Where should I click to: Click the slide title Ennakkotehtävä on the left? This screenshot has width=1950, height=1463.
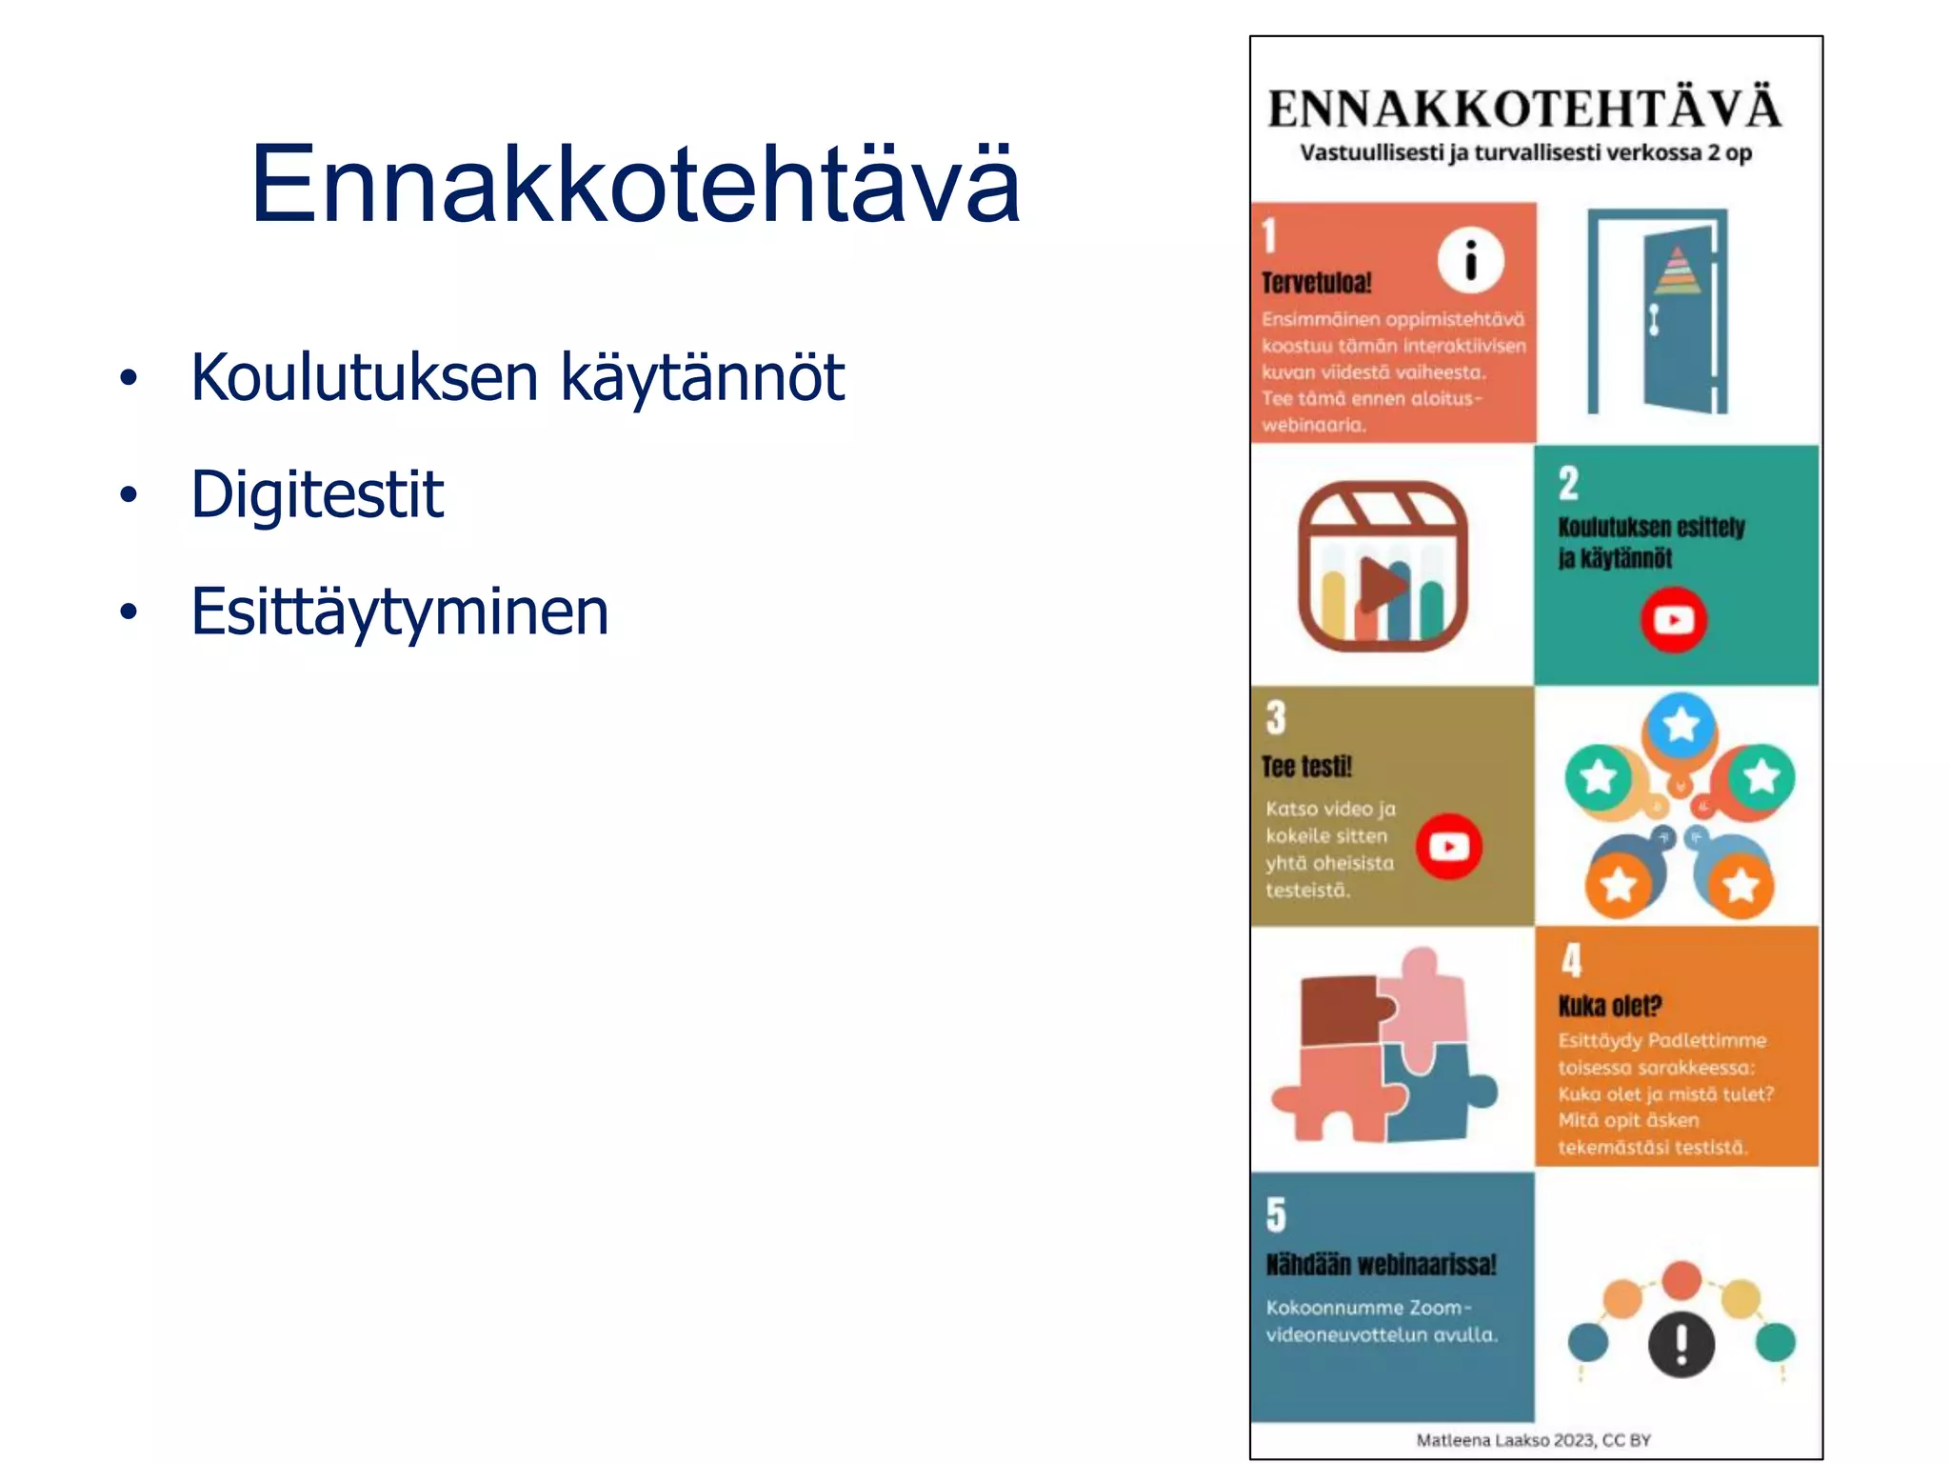click(x=635, y=184)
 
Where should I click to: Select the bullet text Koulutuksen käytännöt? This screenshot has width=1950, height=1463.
click(x=517, y=378)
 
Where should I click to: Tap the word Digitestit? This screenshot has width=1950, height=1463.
click(x=317, y=494)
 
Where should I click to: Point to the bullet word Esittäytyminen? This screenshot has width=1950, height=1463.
click(x=399, y=611)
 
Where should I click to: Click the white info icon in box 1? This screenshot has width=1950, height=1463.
click(x=1470, y=260)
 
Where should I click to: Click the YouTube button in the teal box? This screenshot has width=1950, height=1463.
click(x=1673, y=620)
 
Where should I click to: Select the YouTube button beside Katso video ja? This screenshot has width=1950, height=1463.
click(x=1448, y=846)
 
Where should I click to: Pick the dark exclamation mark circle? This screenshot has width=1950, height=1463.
click(x=1681, y=1344)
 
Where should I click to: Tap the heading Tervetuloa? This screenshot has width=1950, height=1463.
click(x=1316, y=283)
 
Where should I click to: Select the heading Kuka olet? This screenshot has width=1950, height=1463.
click(x=1609, y=1006)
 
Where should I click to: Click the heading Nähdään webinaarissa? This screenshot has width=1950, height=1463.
click(x=1381, y=1265)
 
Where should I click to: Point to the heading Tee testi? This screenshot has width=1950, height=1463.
click(x=1306, y=767)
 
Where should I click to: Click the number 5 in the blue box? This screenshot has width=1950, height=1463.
click(x=1276, y=1215)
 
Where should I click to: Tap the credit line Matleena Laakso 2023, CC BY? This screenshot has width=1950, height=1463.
click(x=1533, y=1440)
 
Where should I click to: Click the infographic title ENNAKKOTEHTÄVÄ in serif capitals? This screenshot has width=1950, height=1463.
click(x=1523, y=109)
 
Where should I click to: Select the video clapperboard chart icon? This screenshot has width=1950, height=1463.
click(x=1383, y=567)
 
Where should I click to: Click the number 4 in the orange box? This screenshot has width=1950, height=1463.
click(x=1571, y=960)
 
